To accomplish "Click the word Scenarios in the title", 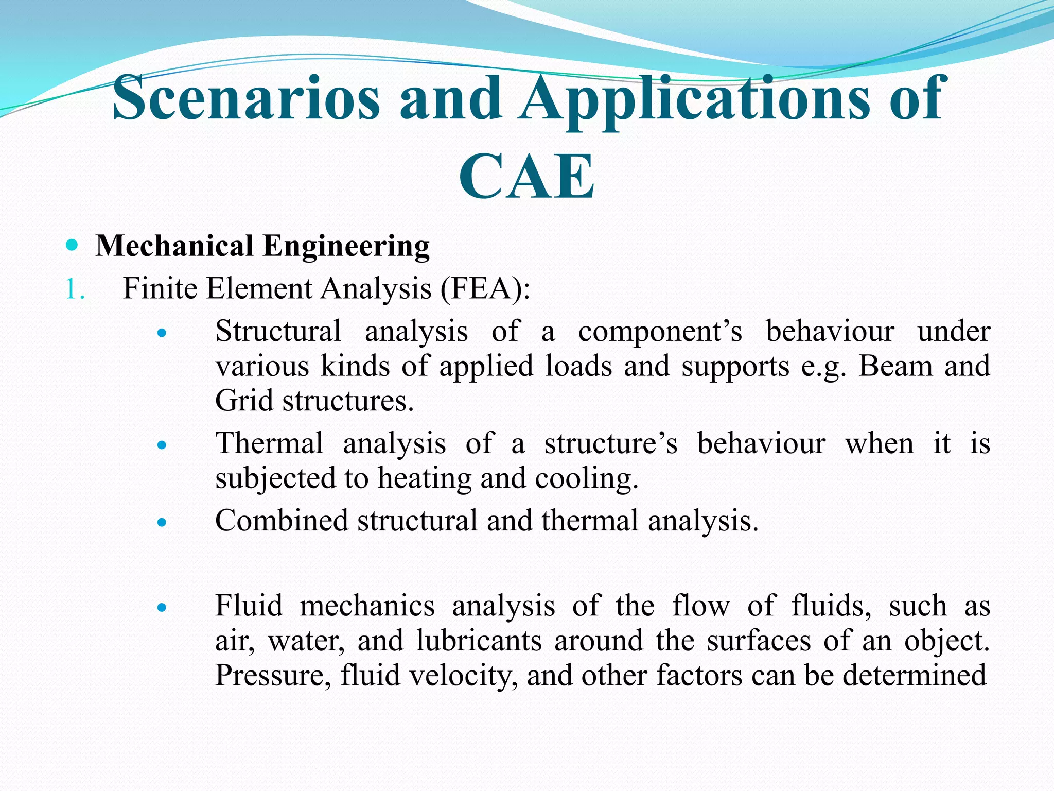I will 246,98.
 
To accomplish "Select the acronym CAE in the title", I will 526,177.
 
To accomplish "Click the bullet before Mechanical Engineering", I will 73,245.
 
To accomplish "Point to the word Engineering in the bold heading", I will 346,246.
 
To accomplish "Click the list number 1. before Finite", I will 75,289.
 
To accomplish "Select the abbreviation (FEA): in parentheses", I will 485,288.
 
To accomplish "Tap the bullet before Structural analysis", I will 162,333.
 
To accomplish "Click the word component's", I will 660,331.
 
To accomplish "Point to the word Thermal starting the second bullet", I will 269,443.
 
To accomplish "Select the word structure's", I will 611,443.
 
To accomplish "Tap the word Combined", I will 282,520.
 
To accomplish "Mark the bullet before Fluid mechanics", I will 162,608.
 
